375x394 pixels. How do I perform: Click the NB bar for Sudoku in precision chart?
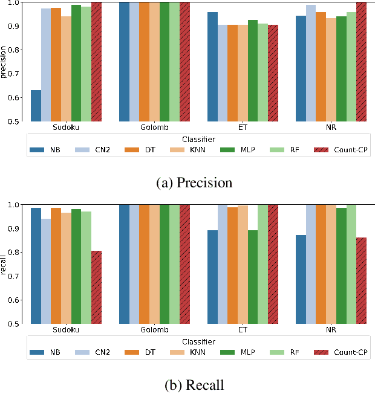point(36,106)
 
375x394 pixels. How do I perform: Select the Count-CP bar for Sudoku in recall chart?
point(96,287)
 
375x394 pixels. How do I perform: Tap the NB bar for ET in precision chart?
point(212,66)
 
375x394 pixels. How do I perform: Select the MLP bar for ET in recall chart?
point(253,277)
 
